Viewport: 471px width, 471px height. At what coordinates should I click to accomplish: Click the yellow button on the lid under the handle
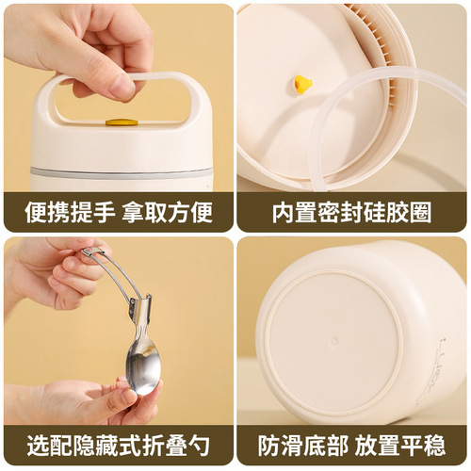(121, 122)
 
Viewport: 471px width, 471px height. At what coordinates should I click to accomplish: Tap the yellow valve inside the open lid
(302, 84)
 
